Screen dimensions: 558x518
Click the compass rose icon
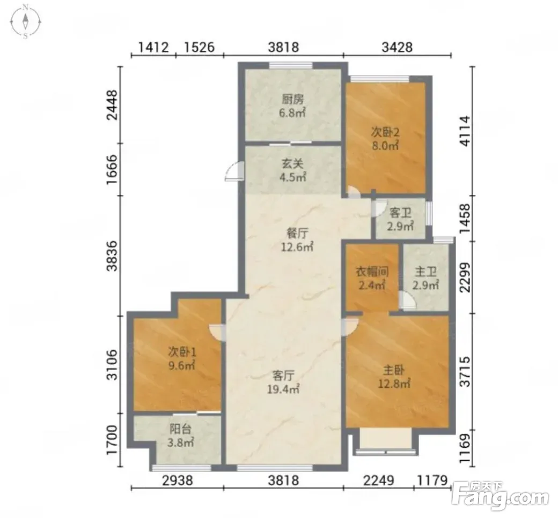[25, 21]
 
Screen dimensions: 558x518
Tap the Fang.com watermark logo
[500, 495]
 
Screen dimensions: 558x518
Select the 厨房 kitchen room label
[292, 99]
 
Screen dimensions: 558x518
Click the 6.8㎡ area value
[292, 113]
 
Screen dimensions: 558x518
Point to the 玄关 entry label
[292, 164]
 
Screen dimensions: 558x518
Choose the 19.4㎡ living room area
[283, 389]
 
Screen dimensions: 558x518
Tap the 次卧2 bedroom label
[385, 132]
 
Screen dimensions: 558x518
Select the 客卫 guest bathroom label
[400, 213]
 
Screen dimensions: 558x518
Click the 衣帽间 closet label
[372, 272]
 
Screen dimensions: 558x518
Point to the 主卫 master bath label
[425, 272]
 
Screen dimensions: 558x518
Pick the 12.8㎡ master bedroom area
[394, 384]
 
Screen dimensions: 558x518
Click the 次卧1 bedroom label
[182, 352]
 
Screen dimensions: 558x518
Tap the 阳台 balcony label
[180, 429]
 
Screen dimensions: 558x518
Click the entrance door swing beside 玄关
[233, 171]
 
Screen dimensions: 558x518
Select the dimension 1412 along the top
[153, 47]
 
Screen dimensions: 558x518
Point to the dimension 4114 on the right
[465, 131]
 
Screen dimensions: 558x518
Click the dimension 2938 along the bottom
[177, 481]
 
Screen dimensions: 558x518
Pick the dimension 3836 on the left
[113, 256]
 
